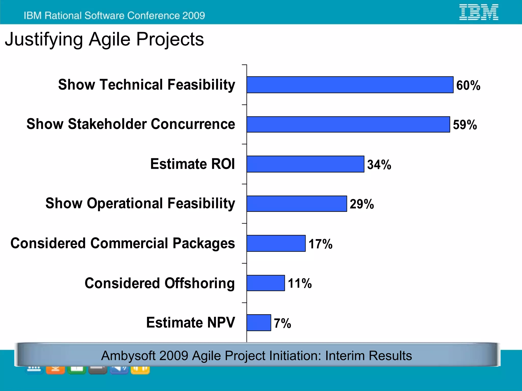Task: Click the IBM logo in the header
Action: (479, 12)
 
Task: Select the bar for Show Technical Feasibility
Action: (350, 85)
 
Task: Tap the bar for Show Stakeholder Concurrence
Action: (348, 124)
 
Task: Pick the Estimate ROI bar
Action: (305, 164)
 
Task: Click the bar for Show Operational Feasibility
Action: (296, 204)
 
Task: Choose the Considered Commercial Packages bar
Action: (276, 243)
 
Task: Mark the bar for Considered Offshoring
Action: (265, 283)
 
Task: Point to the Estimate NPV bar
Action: (258, 323)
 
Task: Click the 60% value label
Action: (468, 85)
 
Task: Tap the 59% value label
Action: (465, 125)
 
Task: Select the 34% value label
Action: (379, 164)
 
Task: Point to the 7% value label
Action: (282, 323)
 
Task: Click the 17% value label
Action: (320, 244)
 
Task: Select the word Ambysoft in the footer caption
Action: (128, 356)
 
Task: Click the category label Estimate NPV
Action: (190, 322)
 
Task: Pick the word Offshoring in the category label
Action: (200, 283)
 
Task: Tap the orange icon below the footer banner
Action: (55, 369)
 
